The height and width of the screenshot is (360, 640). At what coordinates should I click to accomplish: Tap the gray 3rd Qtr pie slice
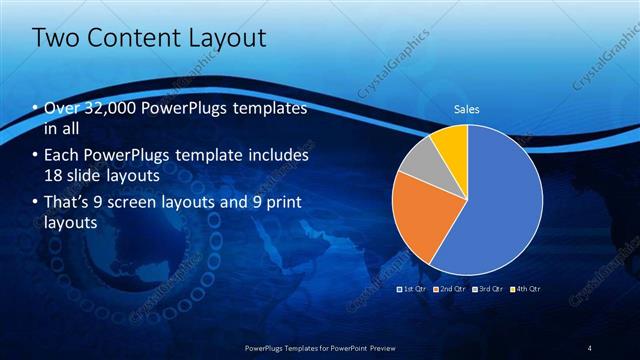420,160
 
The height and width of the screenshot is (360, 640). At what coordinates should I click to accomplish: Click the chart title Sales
467,108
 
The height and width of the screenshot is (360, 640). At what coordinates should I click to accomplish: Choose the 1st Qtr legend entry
412,288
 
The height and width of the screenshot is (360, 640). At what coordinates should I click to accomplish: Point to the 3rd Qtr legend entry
487,288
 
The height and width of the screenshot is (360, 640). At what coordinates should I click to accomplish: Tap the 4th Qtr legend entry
524,288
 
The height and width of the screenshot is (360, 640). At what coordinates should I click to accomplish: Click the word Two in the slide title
56,39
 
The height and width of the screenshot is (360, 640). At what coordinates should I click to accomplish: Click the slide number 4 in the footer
590,347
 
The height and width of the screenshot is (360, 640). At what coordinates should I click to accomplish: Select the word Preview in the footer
379,347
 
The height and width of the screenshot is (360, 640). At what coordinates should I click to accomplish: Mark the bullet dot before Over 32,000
35,108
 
